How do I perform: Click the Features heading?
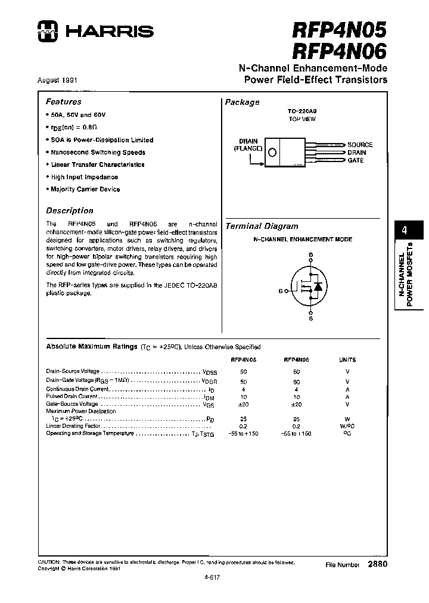coord(64,102)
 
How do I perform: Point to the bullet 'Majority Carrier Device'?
coord(85,189)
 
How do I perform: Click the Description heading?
coord(70,210)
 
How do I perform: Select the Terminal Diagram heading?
coord(262,226)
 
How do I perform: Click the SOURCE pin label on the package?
coord(360,145)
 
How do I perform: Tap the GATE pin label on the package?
coord(356,161)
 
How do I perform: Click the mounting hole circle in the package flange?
coord(273,153)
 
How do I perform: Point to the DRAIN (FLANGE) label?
coord(248,144)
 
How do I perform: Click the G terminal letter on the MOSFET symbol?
coord(281,291)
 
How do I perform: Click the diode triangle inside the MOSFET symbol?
coord(318,287)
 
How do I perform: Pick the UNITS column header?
coord(347,360)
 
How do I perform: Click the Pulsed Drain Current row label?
coord(71,396)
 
